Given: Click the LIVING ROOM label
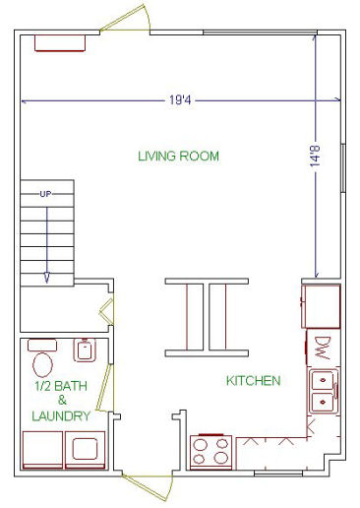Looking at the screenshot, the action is click(178, 156).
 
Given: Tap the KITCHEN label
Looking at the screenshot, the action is click(254, 381).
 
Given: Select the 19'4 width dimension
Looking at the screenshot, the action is click(180, 99).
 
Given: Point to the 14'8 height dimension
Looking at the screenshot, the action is click(315, 156).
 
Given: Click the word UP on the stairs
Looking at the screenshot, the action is click(45, 194).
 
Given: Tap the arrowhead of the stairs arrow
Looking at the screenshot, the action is click(47, 278).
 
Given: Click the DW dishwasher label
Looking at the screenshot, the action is click(323, 348).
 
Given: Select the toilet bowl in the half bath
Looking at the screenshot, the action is click(42, 364).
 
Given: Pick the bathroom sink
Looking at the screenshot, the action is click(85, 349).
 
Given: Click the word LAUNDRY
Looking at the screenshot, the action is click(61, 416).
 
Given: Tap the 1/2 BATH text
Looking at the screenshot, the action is click(61, 386).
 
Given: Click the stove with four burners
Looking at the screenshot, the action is click(211, 452).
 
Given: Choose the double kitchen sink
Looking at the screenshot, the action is click(324, 391).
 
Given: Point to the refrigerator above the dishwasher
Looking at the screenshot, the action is click(321, 306).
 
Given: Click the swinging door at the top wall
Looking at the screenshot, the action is click(125, 19).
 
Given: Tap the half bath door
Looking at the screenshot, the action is click(105, 387).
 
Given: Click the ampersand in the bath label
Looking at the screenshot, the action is click(62, 401).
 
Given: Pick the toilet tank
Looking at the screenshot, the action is click(42, 345).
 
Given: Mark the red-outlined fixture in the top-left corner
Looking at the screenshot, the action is click(60, 43).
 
